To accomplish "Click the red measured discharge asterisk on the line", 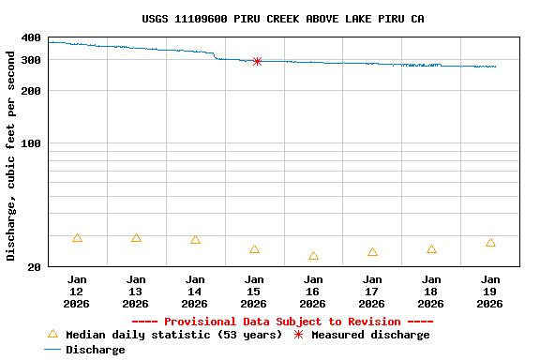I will pos(257,61).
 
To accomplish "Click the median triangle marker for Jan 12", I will pos(77,238).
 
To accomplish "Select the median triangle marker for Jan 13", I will pos(136,238).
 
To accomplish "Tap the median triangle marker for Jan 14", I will pos(195,240).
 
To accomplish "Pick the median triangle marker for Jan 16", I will pos(313,256).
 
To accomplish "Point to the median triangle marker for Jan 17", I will pos(372,252).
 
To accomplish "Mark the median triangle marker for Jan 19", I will pos(490,243).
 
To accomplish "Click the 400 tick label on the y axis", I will pos(31,37).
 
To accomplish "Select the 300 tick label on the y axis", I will pos(31,60).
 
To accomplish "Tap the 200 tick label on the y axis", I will pos(31,91).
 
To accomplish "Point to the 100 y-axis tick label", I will pos(31,143).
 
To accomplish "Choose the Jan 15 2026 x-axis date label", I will pos(254,292).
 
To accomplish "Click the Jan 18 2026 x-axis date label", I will pos(431,292).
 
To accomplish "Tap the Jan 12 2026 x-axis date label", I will pos(77,292).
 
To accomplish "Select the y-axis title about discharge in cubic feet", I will pos(11,156).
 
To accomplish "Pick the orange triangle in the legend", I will pos(52,334).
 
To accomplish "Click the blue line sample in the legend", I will pos(52,350).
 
